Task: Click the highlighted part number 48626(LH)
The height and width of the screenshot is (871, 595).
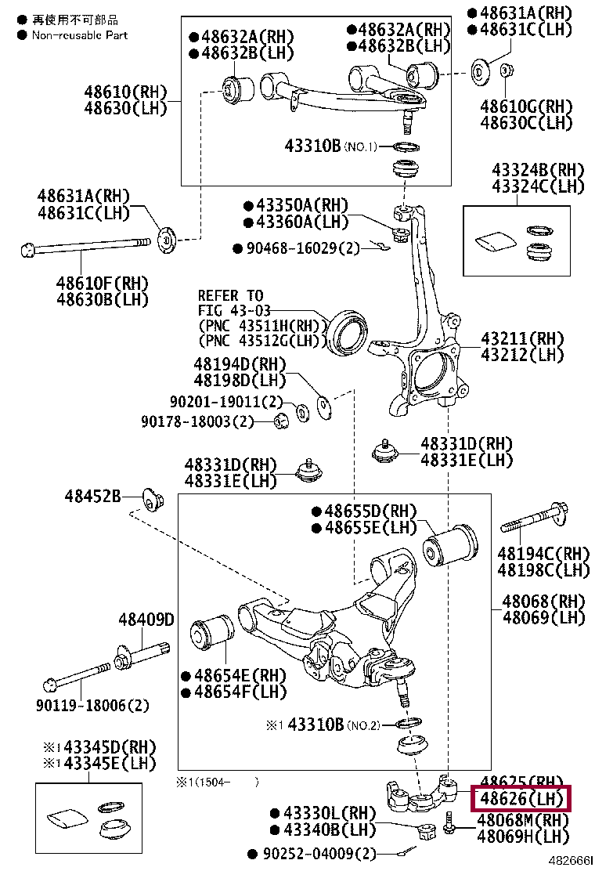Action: [x=521, y=800]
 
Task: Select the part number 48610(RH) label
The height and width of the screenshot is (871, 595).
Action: [x=125, y=92]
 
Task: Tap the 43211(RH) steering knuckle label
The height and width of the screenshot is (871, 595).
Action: [x=521, y=339]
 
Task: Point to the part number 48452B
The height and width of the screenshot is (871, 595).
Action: [x=92, y=496]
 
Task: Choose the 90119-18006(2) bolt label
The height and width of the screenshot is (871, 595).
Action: [x=92, y=705]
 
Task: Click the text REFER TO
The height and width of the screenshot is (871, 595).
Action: [x=230, y=296]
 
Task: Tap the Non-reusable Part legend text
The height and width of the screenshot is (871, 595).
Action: [x=79, y=35]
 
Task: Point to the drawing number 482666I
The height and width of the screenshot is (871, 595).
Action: [x=569, y=860]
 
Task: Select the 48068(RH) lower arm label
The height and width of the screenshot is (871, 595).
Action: [x=543, y=602]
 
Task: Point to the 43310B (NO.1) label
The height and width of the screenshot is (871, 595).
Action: [x=331, y=146]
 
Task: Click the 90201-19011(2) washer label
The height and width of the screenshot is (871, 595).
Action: [x=226, y=403]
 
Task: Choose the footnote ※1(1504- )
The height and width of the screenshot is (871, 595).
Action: [x=217, y=781]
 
